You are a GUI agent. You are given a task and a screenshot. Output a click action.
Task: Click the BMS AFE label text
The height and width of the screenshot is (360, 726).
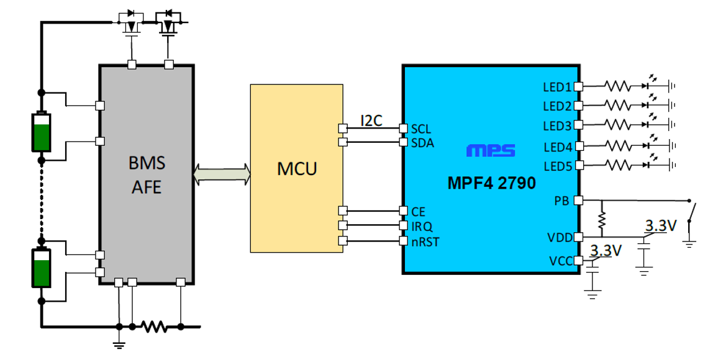click(x=147, y=174)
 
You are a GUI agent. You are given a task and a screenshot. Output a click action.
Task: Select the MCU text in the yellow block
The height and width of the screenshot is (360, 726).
click(x=297, y=168)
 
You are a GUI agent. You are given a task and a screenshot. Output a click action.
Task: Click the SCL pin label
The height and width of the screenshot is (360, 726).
click(x=421, y=129)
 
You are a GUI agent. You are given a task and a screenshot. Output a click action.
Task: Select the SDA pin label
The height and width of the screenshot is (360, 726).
click(x=422, y=143)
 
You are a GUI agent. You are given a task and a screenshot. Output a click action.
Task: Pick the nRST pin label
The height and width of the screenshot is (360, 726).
click(x=425, y=241)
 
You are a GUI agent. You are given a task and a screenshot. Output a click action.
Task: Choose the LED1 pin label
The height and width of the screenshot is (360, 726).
click(x=557, y=87)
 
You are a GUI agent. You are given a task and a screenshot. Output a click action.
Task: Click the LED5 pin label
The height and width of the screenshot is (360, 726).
click(x=557, y=166)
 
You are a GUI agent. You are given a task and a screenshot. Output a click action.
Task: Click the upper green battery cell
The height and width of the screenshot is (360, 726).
click(x=42, y=132)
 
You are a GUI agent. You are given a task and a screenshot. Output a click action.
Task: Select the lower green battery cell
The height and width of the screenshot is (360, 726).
click(x=42, y=268)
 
